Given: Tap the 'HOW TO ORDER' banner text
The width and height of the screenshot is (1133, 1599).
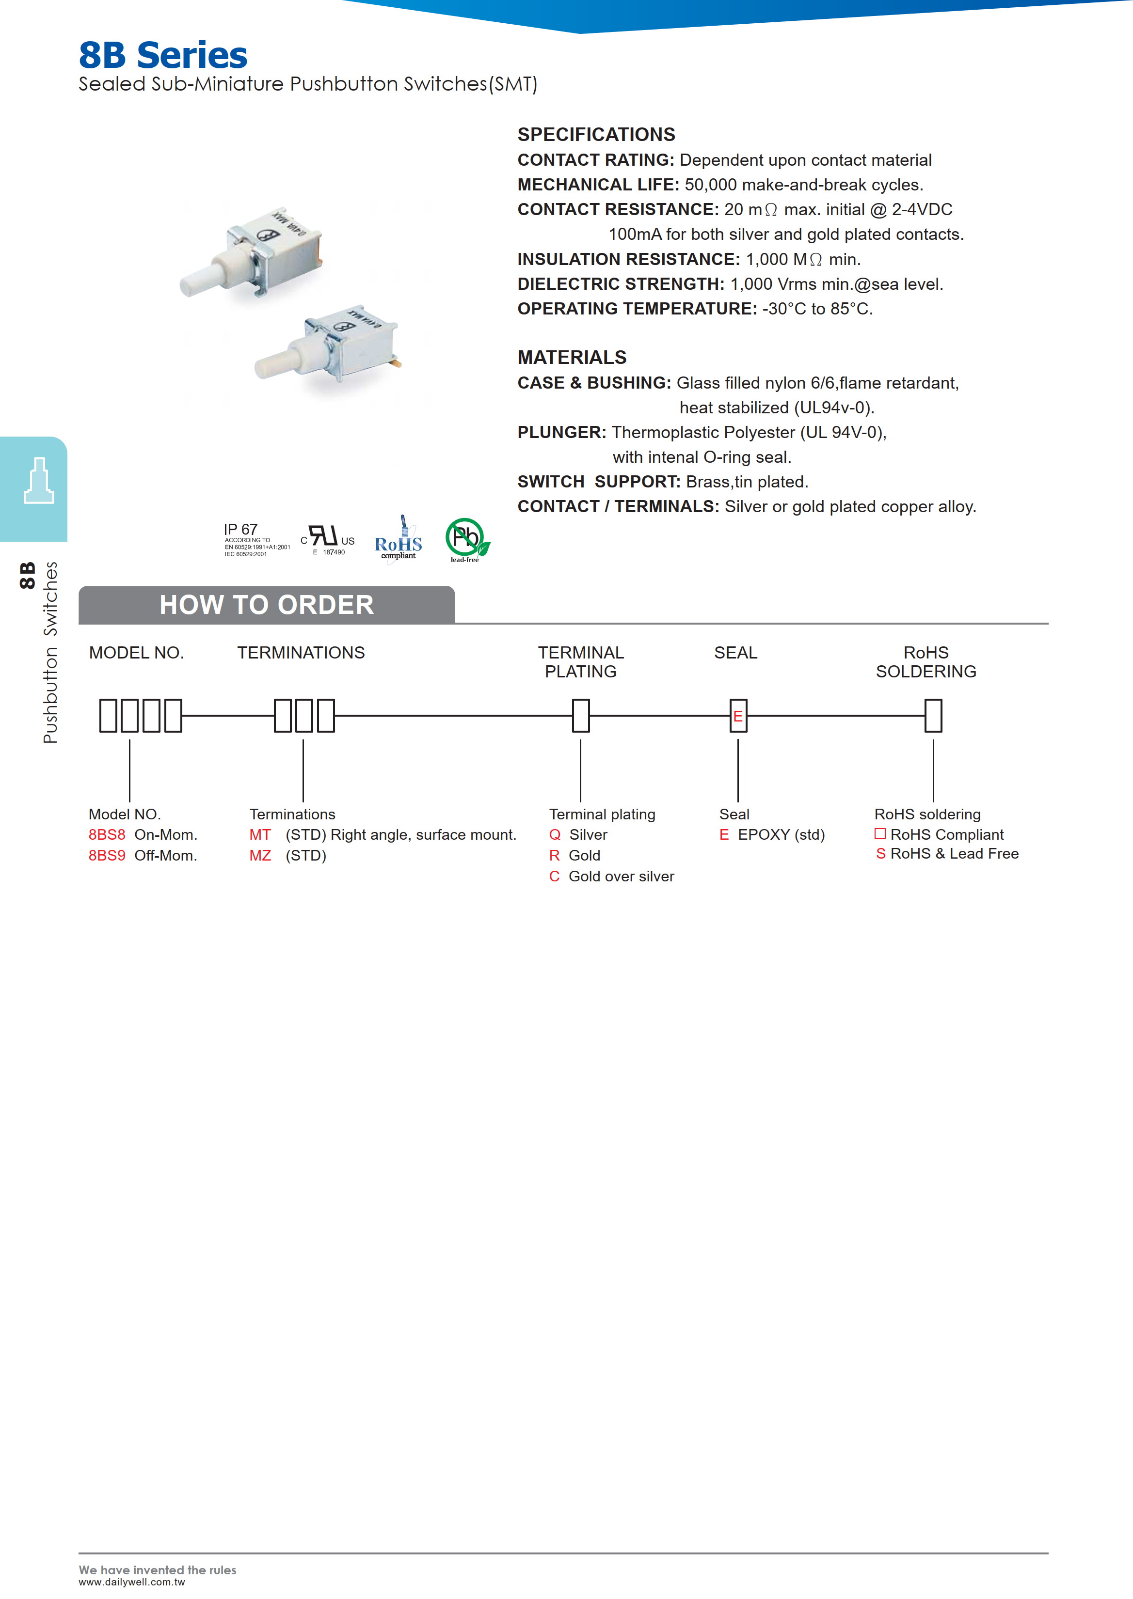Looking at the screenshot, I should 267,605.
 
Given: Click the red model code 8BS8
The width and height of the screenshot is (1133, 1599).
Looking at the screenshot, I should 107,835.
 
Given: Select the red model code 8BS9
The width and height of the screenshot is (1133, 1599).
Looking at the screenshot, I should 107,856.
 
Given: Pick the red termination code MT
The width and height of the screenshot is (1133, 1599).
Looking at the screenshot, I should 260,835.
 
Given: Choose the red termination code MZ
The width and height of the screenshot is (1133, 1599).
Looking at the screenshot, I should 260,856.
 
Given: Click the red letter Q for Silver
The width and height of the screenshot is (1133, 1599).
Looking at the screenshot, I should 555,835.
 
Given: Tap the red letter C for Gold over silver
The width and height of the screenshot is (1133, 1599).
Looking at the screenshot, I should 555,877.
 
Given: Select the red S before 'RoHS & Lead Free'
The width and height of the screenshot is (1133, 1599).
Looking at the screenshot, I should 880,854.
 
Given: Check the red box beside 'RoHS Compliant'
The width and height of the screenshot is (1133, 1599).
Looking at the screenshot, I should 880,834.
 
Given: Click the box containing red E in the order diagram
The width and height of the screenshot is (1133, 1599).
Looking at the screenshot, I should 738,716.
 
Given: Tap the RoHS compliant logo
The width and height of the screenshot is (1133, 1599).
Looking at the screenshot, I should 399,540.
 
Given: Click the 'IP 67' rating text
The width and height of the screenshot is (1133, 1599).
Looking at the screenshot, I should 240,529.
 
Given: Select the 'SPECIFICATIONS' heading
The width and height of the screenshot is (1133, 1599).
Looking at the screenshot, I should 596,135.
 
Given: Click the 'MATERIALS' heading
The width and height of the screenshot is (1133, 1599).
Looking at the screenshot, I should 572,358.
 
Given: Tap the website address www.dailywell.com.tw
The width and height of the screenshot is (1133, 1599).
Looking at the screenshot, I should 132,1582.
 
